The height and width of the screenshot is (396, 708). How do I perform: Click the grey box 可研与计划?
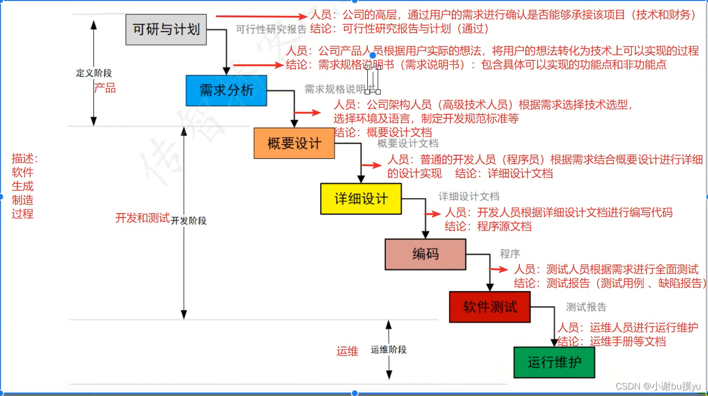pyautogui.click(x=166, y=29)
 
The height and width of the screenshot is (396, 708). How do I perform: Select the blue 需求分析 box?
pyautogui.click(x=226, y=90)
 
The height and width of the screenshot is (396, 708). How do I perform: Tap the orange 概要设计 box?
pyautogui.click(x=294, y=143)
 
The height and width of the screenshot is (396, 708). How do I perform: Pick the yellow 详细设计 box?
pyautogui.click(x=361, y=199)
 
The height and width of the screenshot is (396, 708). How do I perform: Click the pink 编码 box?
pyautogui.click(x=425, y=254)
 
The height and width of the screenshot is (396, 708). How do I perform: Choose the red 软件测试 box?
pyautogui.click(x=490, y=307)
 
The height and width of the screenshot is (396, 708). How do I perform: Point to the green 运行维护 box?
pyautogui.click(x=554, y=362)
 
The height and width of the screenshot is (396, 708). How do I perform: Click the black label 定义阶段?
pyautogui.click(x=94, y=73)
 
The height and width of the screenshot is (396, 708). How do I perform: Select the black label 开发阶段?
pyautogui.click(x=189, y=220)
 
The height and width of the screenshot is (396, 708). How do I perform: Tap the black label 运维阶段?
pyautogui.click(x=389, y=350)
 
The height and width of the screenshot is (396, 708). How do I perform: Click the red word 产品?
pyautogui.click(x=105, y=88)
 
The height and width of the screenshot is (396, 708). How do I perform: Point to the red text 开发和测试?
pyautogui.click(x=142, y=218)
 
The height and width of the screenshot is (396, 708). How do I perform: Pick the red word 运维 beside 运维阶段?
pyautogui.click(x=348, y=351)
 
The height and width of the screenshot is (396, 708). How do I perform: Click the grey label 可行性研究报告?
pyautogui.click(x=271, y=29)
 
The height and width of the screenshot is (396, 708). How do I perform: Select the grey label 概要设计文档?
pyautogui.click(x=408, y=143)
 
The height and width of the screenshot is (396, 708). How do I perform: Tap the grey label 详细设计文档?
pyautogui.click(x=469, y=196)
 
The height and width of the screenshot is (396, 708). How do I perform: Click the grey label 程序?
pyautogui.click(x=510, y=254)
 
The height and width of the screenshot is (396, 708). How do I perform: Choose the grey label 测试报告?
pyautogui.click(x=586, y=307)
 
